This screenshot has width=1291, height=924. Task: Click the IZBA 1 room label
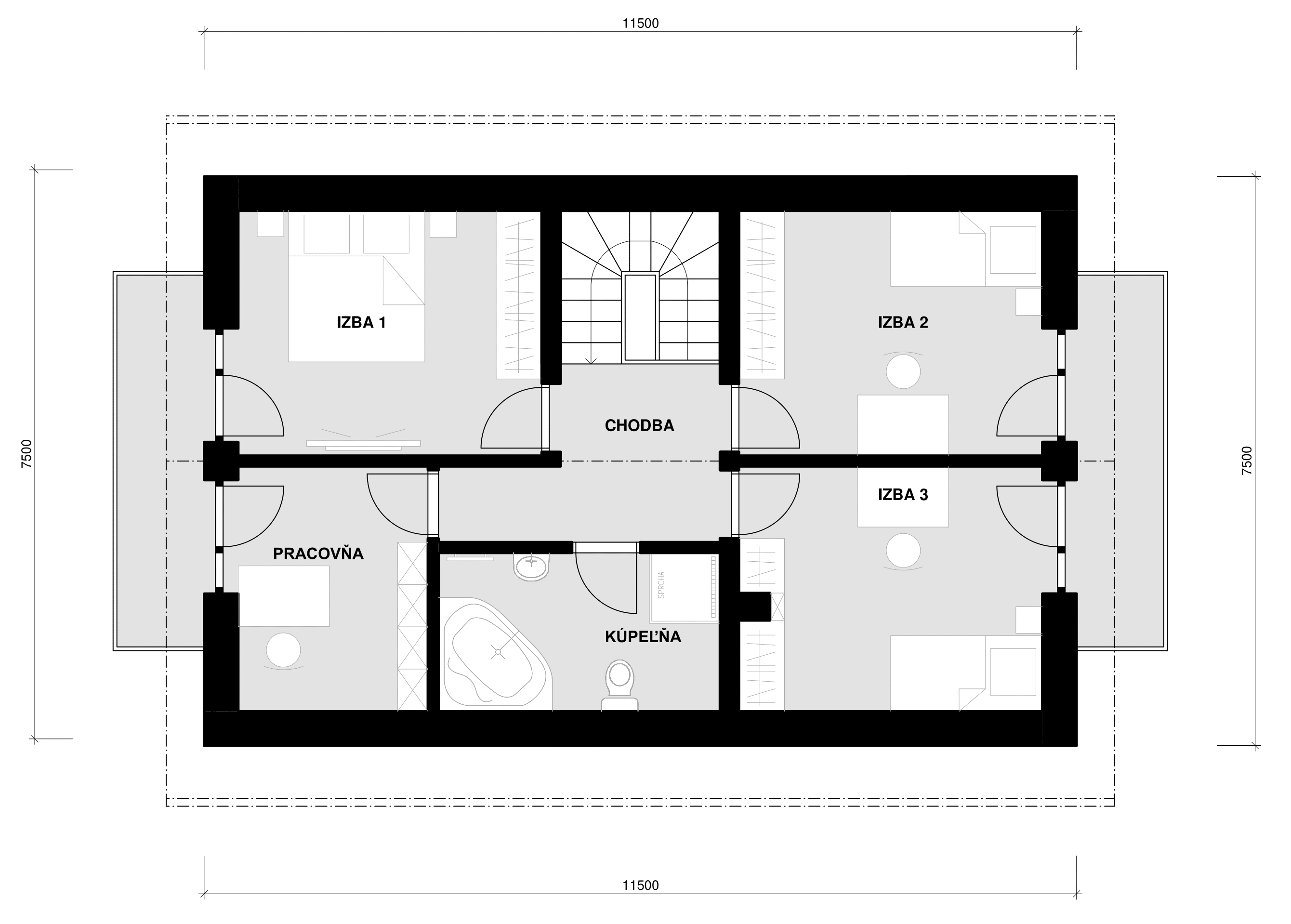[x=361, y=323]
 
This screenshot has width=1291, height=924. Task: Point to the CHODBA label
[x=640, y=425]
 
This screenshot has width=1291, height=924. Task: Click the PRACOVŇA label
[x=318, y=554]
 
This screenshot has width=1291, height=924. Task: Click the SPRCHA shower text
[x=661, y=585]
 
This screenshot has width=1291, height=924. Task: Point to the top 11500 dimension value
[x=640, y=23]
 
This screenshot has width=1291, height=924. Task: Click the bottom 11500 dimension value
[x=640, y=885]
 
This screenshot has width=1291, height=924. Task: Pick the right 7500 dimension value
[x=1247, y=461]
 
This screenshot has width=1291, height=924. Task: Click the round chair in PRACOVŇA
[x=283, y=650]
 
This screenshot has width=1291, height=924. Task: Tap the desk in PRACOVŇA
[x=283, y=596]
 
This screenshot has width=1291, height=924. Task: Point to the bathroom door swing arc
[x=593, y=596]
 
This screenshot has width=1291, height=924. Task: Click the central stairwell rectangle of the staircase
[x=641, y=317]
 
